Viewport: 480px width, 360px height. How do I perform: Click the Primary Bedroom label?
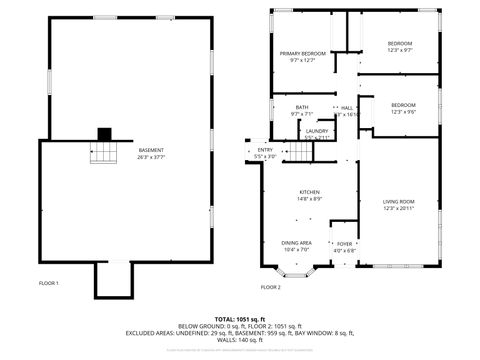[302, 53]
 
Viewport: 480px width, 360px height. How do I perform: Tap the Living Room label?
[399, 202]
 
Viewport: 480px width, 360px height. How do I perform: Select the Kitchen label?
[308, 192]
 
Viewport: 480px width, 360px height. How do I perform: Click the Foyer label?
[344, 242]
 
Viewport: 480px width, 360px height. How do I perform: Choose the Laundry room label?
[317, 131]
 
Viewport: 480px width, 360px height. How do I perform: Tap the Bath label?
[302, 107]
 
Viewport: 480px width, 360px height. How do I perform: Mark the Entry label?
[264, 150]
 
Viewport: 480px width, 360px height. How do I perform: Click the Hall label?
[347, 107]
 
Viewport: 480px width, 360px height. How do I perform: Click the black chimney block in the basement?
[104, 134]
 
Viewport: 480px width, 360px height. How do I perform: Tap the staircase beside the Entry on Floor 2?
[303, 152]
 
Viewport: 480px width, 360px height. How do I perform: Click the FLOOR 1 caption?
[49, 283]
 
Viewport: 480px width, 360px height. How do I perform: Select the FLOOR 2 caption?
[271, 287]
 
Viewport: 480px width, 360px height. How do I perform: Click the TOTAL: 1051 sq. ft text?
[239, 317]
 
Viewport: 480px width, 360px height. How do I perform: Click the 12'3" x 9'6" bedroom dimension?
[403, 112]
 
